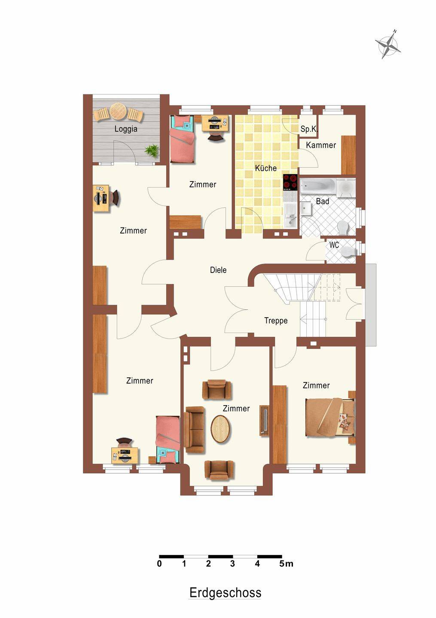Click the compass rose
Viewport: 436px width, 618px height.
tap(388, 45)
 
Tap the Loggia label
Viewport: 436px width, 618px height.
tap(126, 129)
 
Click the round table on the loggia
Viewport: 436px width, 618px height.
tap(119, 111)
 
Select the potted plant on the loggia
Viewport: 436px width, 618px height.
tap(152, 151)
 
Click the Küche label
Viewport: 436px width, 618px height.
tap(265, 168)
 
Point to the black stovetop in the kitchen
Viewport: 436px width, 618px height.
tap(290, 182)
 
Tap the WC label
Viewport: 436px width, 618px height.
tap(334, 245)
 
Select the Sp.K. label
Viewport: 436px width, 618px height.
tap(309, 129)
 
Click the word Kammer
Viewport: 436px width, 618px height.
tap(321, 145)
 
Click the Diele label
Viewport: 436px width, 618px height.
tap(218, 270)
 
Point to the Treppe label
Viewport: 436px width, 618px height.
tap(276, 321)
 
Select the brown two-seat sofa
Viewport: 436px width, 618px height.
tap(195, 430)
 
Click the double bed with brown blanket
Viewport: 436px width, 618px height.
tap(330, 418)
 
